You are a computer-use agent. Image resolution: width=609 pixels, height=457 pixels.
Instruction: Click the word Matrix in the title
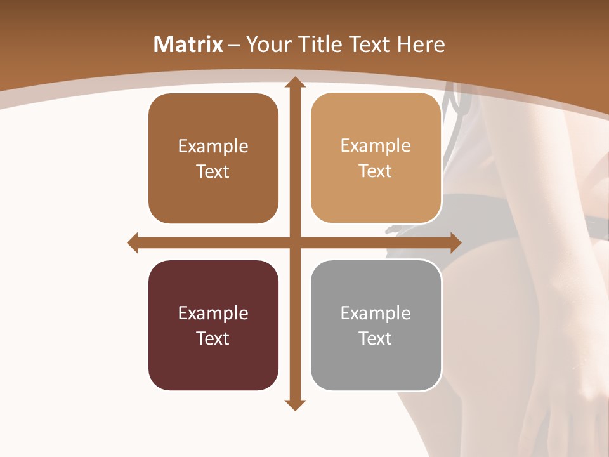(x=188, y=44)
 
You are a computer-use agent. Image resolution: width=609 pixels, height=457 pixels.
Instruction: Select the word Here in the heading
(x=421, y=44)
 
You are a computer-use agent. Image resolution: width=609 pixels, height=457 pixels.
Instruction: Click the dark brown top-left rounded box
(x=213, y=159)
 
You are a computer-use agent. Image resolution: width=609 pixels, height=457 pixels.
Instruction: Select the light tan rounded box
(x=376, y=158)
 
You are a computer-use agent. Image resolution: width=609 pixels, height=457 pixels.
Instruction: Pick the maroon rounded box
(x=213, y=325)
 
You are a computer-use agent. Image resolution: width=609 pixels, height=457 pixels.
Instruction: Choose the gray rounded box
(x=376, y=325)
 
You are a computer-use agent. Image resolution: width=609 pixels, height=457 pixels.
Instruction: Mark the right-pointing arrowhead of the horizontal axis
(x=455, y=242)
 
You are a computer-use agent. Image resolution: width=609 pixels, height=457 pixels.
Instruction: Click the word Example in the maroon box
(x=213, y=313)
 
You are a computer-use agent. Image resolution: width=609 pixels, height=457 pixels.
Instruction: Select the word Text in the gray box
(x=376, y=338)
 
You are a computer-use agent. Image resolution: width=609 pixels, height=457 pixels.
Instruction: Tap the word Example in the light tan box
(x=376, y=146)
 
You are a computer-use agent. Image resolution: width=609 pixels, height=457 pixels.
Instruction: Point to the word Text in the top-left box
(x=213, y=171)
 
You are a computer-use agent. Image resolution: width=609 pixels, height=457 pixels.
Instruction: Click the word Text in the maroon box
(x=213, y=338)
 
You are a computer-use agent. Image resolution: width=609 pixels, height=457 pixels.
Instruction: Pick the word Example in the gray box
(x=376, y=313)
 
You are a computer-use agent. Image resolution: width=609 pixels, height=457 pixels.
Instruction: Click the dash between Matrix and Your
(x=234, y=45)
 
